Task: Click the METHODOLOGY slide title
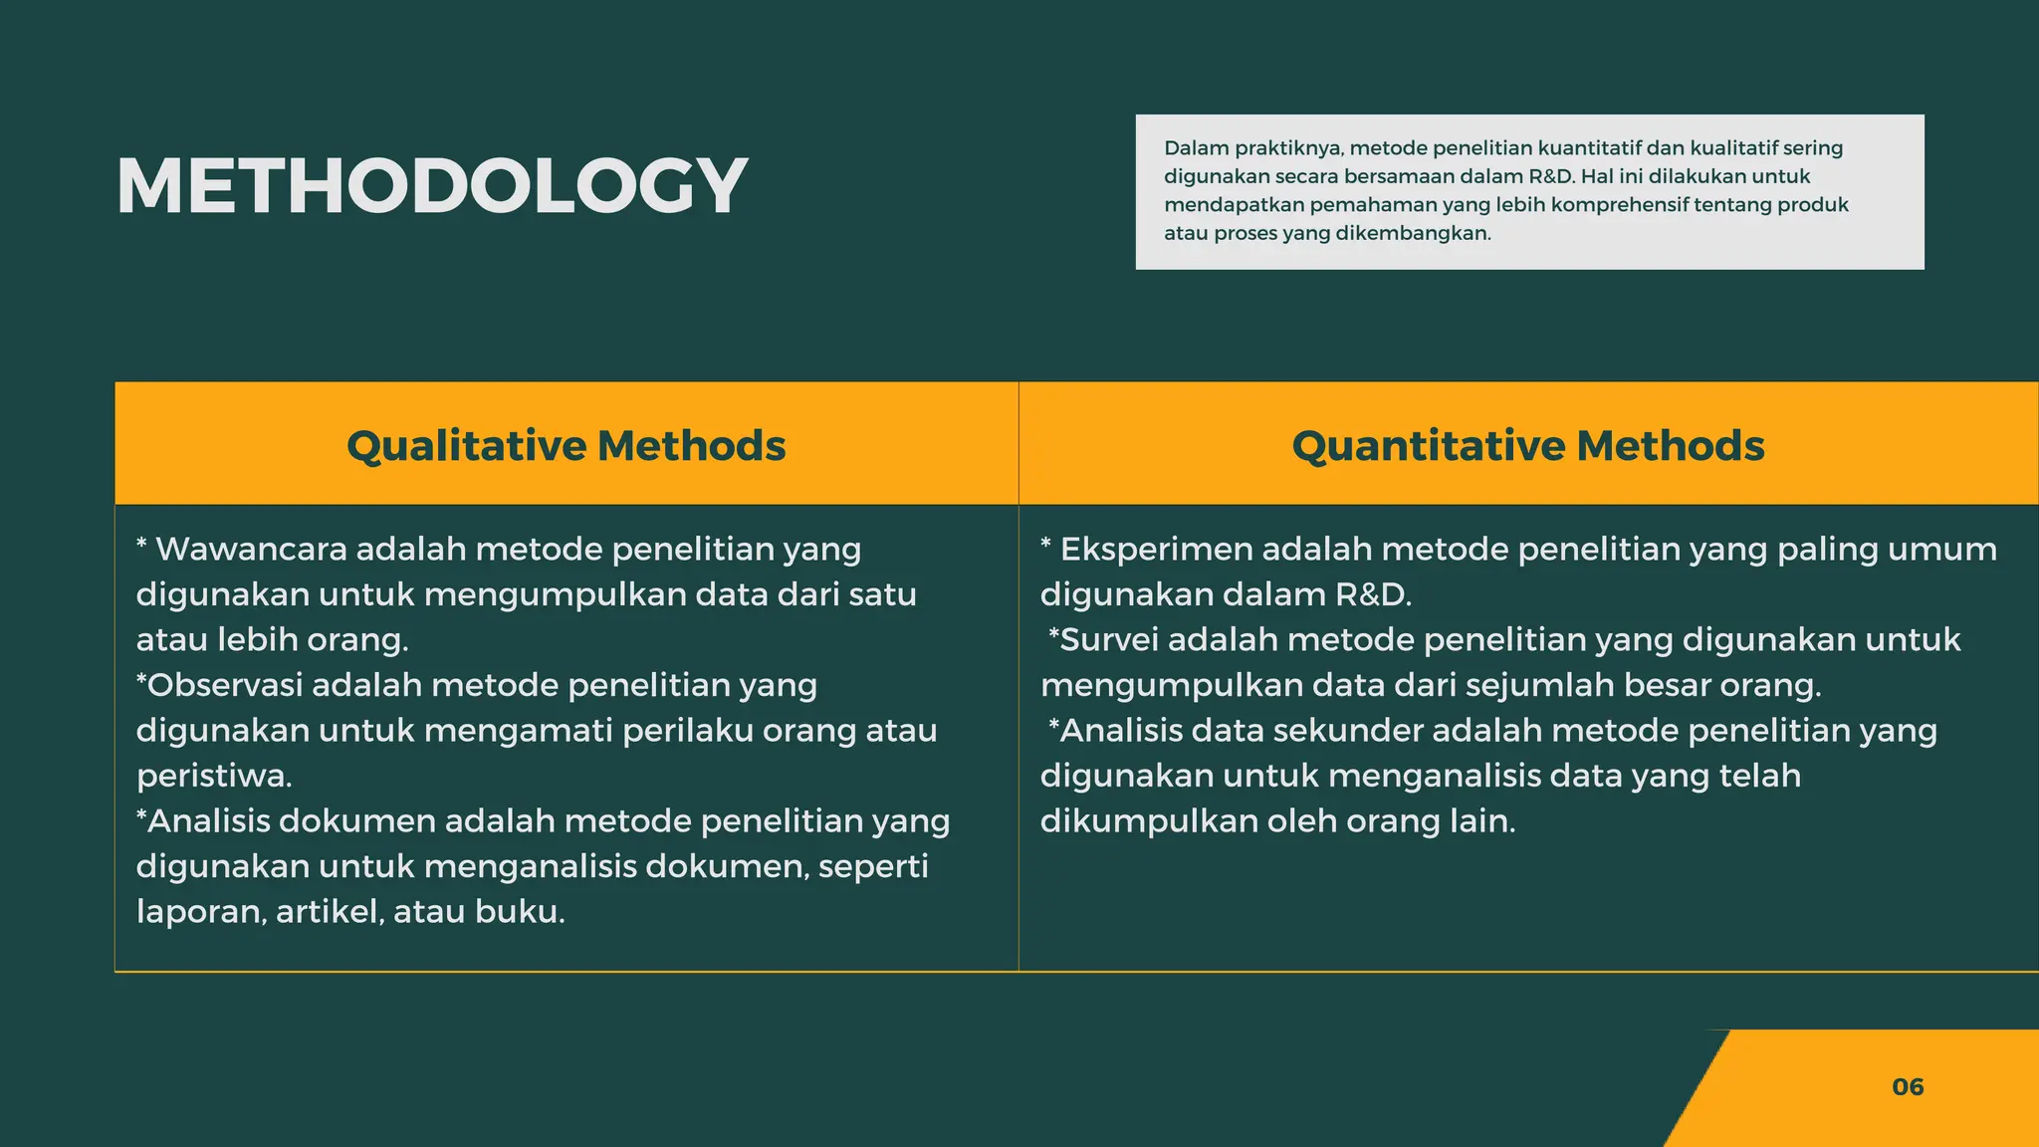coord(431,186)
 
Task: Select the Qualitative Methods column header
coord(566,445)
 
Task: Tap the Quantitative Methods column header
coord(1527,445)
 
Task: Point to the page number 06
coord(1908,1086)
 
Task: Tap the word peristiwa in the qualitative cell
coord(212,776)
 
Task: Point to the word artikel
coord(329,911)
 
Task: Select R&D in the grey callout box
coord(1550,176)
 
